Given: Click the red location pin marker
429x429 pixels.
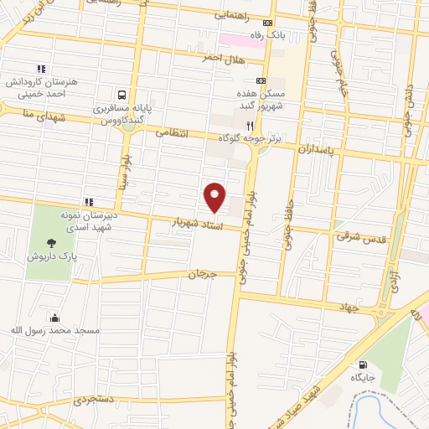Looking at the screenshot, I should click(x=214, y=196).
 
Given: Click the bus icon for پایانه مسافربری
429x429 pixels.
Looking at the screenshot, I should click(x=123, y=95).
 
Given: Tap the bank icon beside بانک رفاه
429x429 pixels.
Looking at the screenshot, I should click(x=268, y=23).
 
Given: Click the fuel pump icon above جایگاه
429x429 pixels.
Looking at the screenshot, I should click(x=363, y=364).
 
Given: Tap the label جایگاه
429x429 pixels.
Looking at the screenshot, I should click(x=362, y=378).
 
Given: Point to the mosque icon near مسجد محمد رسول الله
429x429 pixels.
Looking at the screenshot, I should click(x=55, y=318).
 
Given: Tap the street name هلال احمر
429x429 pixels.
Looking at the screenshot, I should click(x=221, y=57).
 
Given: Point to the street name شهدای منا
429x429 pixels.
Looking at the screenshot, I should click(x=23, y=114).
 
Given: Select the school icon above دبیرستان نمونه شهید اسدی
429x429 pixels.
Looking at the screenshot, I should click(x=88, y=201).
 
